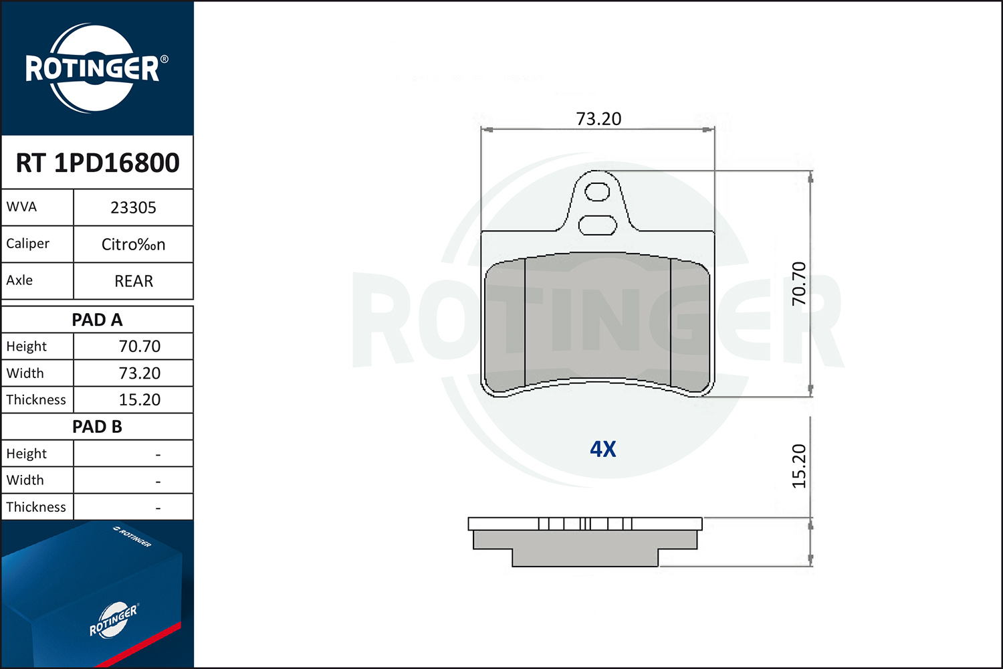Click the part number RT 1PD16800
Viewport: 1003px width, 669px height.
[98, 163]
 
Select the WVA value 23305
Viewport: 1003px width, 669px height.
[133, 208]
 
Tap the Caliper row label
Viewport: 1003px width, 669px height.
[28, 244]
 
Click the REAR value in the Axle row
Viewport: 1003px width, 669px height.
[134, 281]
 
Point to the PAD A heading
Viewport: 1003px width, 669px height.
[97, 320]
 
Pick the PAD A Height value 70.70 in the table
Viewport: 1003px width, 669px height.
[139, 347]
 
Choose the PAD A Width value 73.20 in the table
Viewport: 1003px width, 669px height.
[139, 373]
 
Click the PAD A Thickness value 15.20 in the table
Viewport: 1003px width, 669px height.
[139, 399]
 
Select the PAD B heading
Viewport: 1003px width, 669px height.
[97, 427]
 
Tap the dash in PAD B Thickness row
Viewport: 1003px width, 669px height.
[158, 508]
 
